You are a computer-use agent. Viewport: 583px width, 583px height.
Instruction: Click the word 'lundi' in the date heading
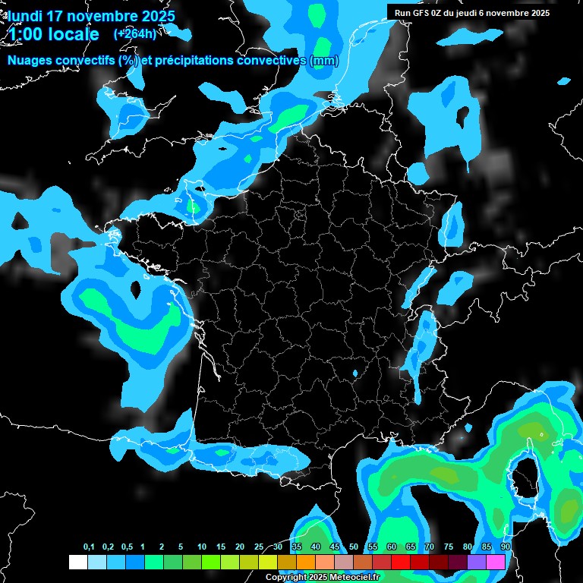click(27, 16)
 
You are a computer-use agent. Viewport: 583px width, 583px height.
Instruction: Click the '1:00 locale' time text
click(53, 34)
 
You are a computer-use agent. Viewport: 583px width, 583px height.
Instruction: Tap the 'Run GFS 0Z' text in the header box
click(420, 13)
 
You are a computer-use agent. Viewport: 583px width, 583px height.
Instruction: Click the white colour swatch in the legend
click(77, 563)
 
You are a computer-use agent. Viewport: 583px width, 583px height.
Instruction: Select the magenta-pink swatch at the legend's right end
click(496, 563)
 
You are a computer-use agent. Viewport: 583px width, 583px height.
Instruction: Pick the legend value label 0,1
click(89, 547)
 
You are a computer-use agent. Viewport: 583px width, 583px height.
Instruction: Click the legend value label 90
click(506, 547)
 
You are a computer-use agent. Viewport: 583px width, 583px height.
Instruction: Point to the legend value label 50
click(354, 547)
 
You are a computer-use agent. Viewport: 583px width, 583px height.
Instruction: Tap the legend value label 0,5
click(127, 547)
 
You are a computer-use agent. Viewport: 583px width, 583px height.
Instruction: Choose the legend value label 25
click(259, 547)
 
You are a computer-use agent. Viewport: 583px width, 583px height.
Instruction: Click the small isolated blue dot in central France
click(356, 373)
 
